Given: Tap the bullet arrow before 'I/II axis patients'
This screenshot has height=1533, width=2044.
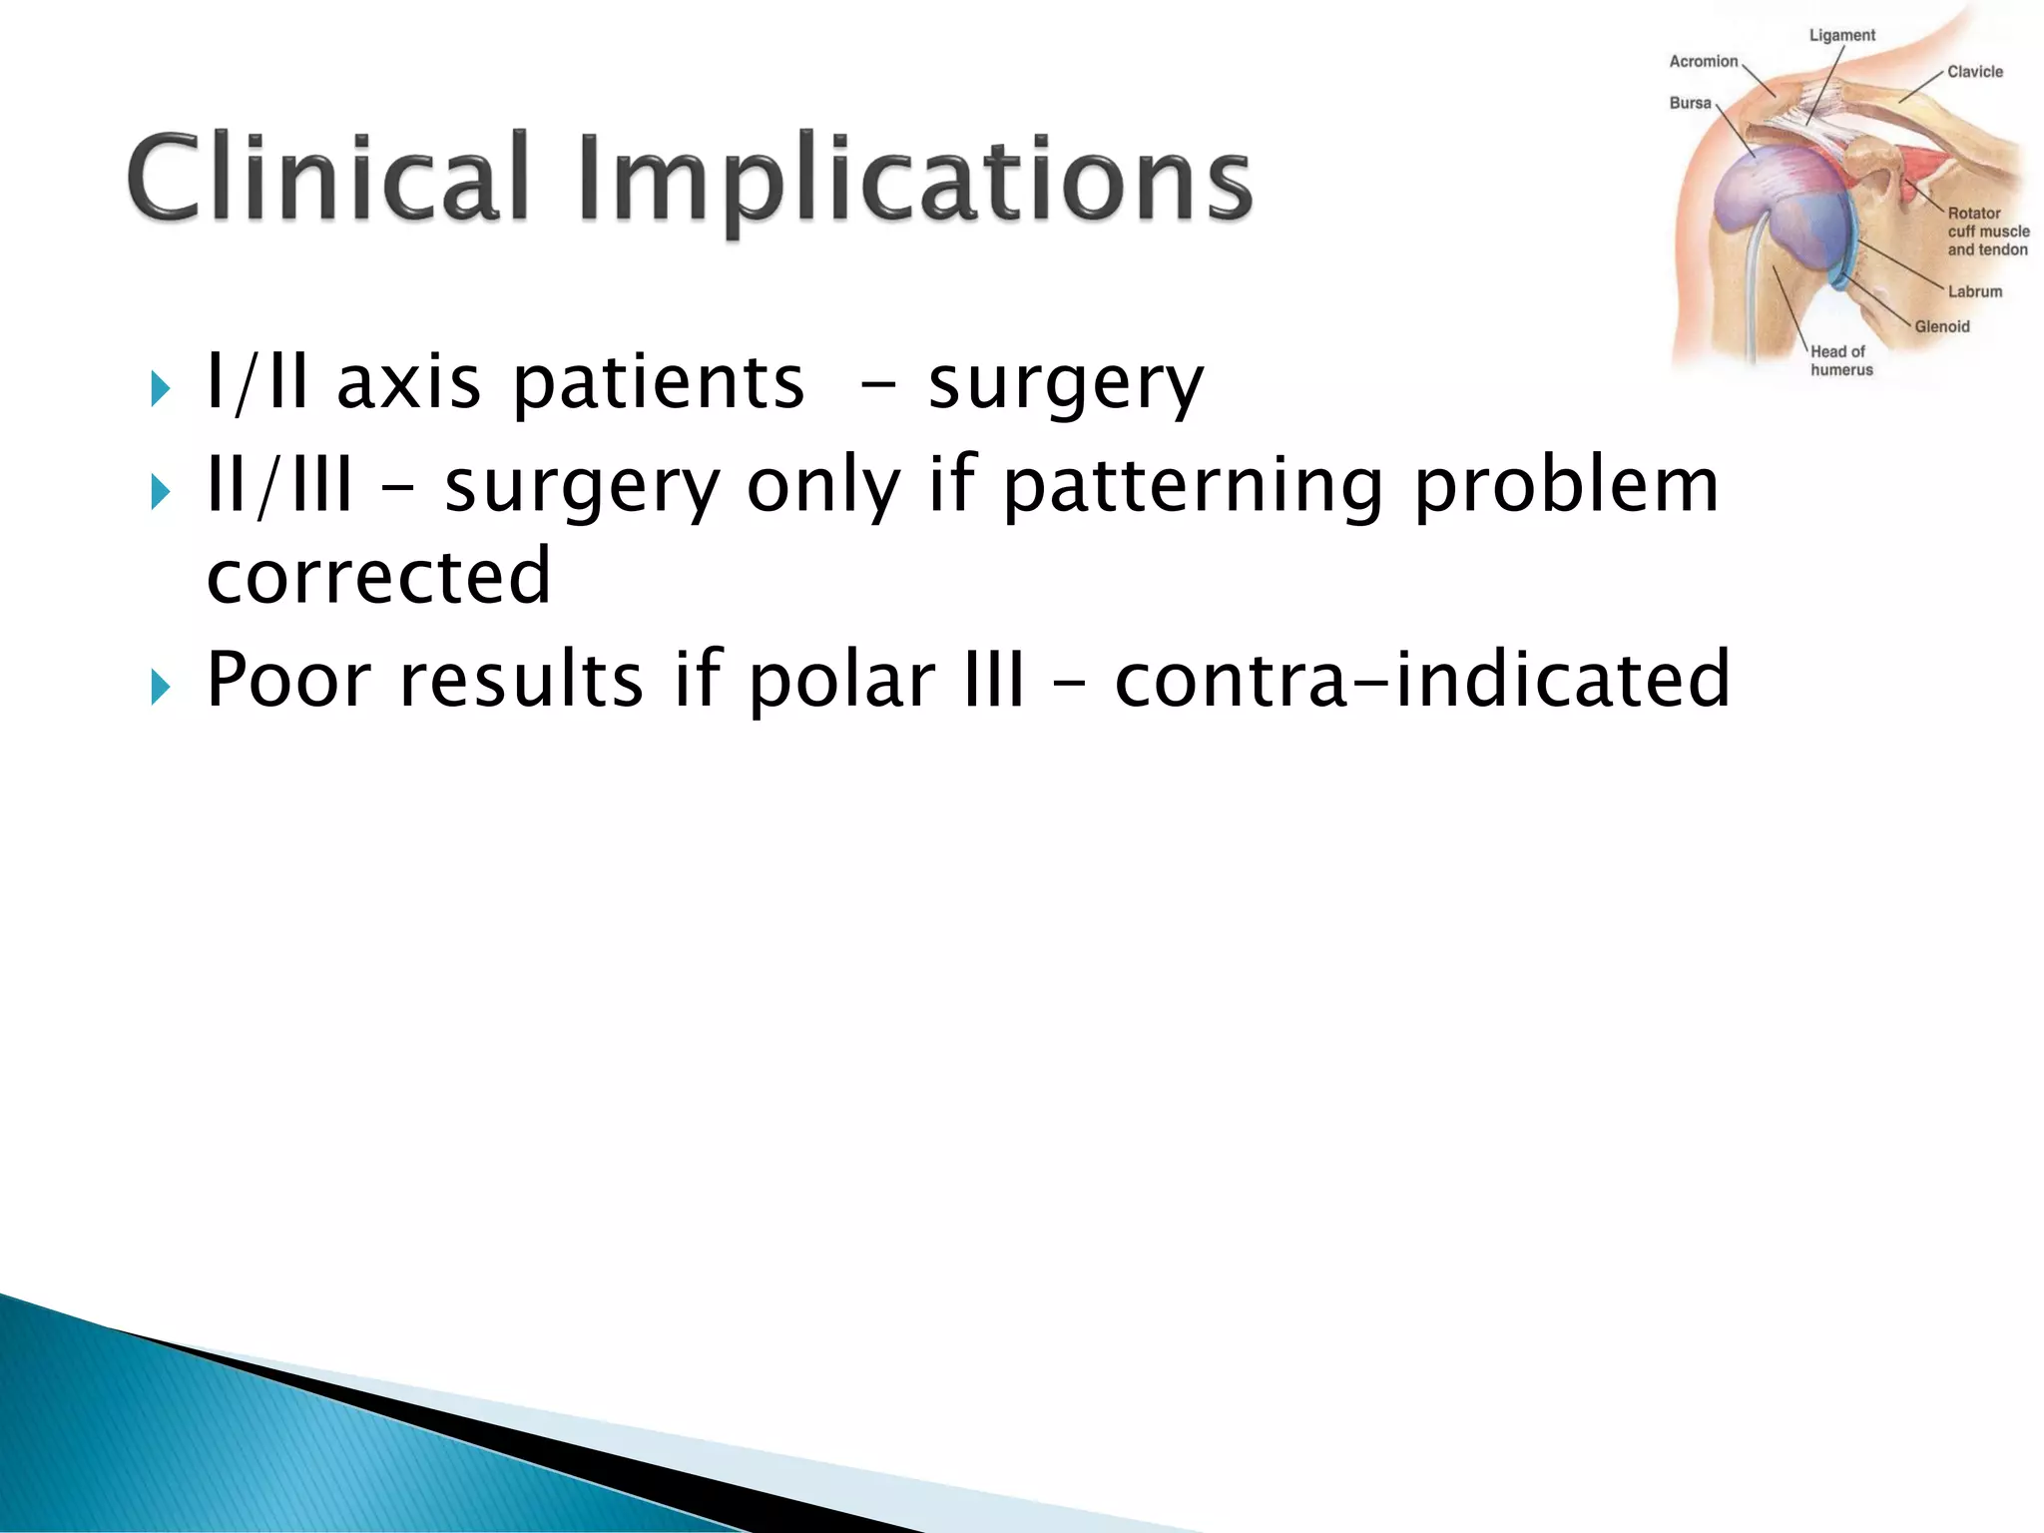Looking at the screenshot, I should [x=161, y=388].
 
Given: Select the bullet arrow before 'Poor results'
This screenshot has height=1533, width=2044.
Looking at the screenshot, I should [x=161, y=687].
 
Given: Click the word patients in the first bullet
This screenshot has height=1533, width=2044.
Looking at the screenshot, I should [x=658, y=384].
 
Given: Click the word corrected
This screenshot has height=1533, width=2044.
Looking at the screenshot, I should [x=378, y=577].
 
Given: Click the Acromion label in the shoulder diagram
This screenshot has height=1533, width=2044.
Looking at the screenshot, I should [x=1703, y=62].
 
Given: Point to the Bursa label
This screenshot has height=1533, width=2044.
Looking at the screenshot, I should [x=1690, y=104].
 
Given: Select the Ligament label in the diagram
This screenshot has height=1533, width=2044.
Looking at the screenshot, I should [x=1841, y=36].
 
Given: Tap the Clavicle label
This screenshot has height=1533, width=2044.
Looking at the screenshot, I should [x=1974, y=72].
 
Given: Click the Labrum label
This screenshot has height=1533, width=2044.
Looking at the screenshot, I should [x=1974, y=292].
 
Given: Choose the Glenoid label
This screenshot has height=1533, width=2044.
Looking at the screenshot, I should [x=1941, y=327].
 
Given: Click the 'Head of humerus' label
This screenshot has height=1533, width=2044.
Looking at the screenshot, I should [x=1840, y=360].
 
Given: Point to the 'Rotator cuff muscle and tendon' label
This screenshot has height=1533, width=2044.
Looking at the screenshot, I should [x=1986, y=232].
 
